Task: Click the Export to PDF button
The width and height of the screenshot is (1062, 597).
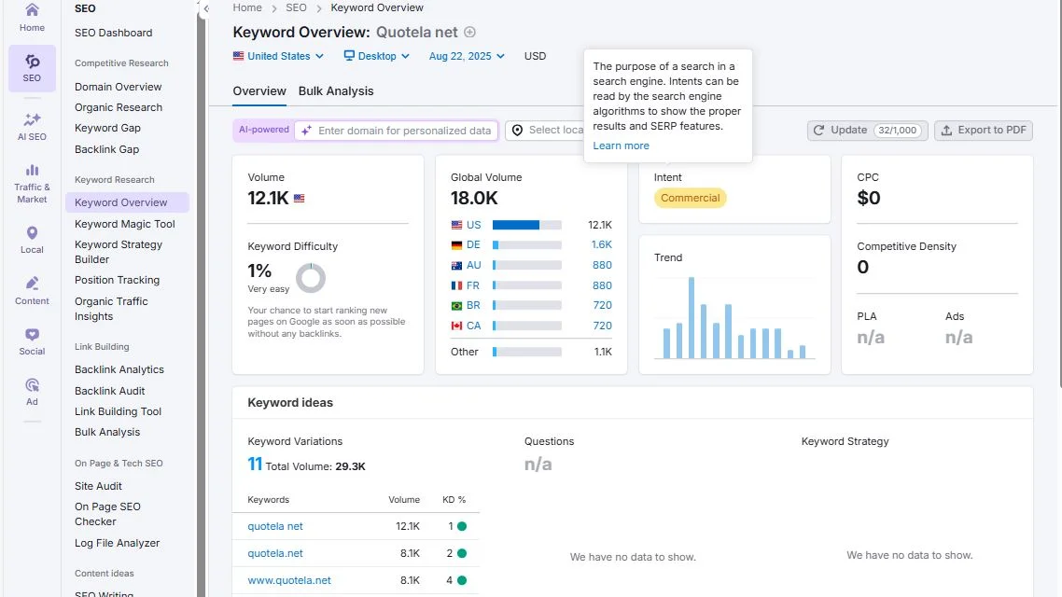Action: click(x=984, y=131)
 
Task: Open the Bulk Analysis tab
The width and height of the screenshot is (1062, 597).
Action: click(x=336, y=91)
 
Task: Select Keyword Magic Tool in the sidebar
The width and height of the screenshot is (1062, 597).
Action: click(x=125, y=224)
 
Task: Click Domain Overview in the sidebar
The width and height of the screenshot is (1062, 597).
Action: click(x=119, y=87)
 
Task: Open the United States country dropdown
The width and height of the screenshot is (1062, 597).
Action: click(x=278, y=56)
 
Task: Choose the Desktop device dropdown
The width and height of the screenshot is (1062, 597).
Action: click(x=377, y=56)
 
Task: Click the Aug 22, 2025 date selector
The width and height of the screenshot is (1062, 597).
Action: click(x=467, y=56)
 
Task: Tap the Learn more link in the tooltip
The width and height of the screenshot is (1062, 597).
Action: click(x=621, y=146)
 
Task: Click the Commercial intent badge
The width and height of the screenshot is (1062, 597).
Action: click(x=690, y=198)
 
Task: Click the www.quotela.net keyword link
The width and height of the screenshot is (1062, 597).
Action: click(x=289, y=580)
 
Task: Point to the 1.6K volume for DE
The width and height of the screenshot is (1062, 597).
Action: click(x=601, y=244)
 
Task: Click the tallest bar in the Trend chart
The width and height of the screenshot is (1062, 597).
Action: click(x=692, y=318)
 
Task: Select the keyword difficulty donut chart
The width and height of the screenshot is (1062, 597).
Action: click(x=311, y=278)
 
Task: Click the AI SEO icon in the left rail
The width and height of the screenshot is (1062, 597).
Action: click(x=32, y=126)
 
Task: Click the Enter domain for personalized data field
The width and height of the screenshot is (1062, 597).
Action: click(x=404, y=131)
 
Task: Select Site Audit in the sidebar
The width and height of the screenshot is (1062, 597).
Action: click(x=99, y=486)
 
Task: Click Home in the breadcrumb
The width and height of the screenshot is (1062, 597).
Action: click(x=247, y=7)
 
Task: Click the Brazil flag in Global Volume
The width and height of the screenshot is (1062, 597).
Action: click(x=456, y=306)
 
